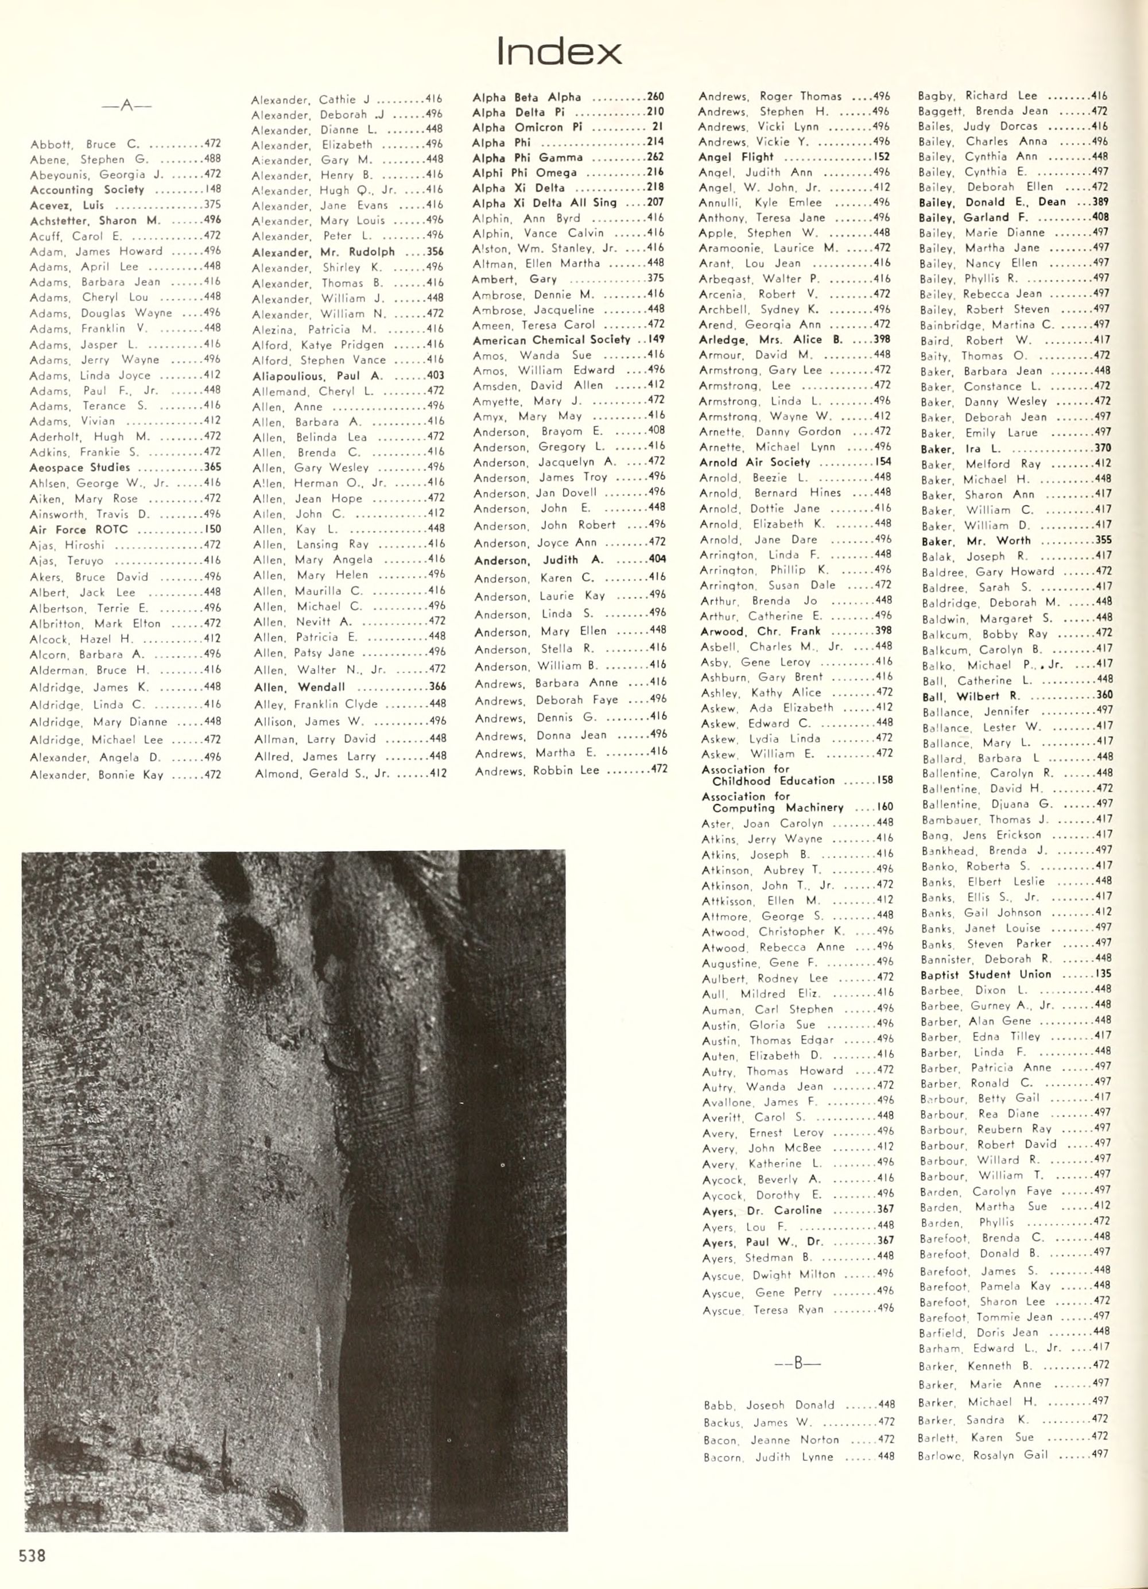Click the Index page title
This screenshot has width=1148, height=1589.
559,52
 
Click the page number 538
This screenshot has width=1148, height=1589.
32,1554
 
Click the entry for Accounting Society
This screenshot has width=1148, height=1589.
87,190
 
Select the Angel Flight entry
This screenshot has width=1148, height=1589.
736,157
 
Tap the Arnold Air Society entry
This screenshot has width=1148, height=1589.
754,462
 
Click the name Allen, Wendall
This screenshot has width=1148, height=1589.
299,687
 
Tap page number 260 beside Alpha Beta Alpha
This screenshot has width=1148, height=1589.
655,96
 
